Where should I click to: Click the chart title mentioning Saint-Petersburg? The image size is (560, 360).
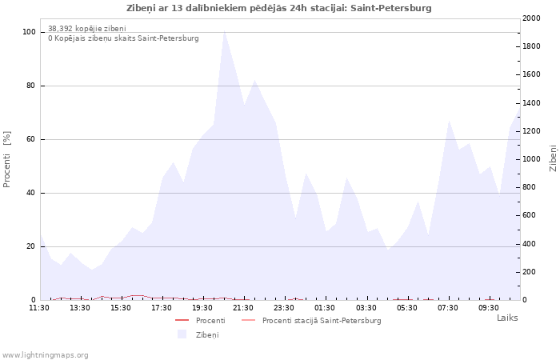(279, 8)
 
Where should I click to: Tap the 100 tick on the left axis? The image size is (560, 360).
(29, 32)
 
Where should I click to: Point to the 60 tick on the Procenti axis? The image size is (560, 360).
(30, 139)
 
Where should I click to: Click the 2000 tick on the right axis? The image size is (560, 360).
(531, 18)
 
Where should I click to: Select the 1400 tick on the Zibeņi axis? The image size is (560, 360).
(531, 103)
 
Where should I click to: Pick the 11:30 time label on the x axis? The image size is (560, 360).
(39, 308)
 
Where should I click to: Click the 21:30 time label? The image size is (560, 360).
(243, 308)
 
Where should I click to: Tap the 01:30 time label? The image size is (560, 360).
(325, 308)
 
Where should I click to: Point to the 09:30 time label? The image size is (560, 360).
(488, 308)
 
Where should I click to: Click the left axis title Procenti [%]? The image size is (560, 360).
(6, 159)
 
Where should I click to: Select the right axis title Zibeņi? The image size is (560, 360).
(553, 158)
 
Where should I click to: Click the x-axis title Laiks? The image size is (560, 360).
(507, 318)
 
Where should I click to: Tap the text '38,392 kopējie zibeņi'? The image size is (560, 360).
(87, 29)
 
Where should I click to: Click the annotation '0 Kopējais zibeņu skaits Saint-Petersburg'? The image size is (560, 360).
(123, 38)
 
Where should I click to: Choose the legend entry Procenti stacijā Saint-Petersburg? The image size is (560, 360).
(322, 321)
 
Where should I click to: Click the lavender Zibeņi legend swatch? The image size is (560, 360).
(182, 334)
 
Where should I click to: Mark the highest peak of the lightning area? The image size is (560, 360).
(224, 30)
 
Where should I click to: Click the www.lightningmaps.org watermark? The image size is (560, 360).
(45, 355)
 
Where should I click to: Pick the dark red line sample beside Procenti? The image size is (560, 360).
(182, 320)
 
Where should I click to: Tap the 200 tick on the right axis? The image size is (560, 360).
(530, 272)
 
